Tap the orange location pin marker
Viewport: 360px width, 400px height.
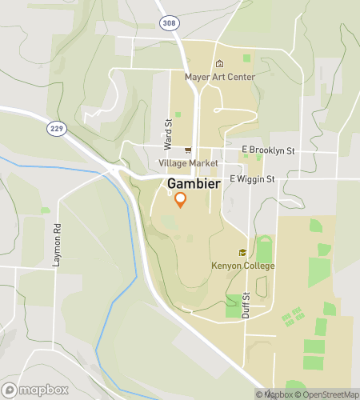(181, 200)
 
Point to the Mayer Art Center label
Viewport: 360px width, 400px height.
(220, 77)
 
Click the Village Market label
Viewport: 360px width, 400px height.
(188, 162)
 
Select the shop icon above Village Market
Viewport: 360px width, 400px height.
(188, 150)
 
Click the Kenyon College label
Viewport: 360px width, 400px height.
(243, 266)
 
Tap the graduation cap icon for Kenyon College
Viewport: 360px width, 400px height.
(242, 253)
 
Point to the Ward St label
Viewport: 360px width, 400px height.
(169, 135)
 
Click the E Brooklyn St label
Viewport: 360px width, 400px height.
(268, 150)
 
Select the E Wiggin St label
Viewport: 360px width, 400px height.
(252, 179)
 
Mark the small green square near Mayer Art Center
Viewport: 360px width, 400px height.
(246, 58)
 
